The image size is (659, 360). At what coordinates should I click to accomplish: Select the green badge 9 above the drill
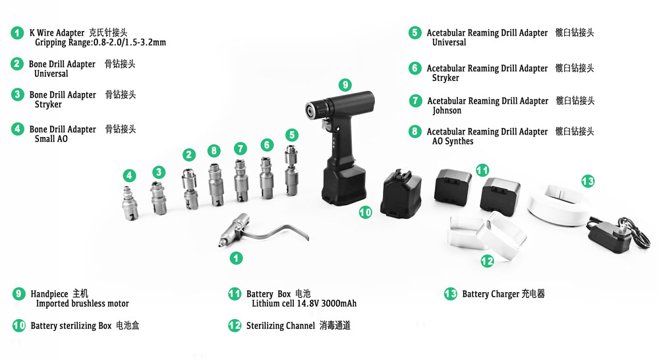point(345,85)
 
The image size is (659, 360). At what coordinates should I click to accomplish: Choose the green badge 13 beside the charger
point(588,181)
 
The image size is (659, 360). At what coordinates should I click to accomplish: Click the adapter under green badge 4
point(130,203)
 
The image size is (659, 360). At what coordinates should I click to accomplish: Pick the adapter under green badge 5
point(292,170)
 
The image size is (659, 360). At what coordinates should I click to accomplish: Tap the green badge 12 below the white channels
point(487,261)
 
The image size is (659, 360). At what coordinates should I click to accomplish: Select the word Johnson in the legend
point(447,111)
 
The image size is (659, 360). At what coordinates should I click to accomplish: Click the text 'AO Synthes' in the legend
point(453,141)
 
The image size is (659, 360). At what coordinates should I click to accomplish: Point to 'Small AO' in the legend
point(51,138)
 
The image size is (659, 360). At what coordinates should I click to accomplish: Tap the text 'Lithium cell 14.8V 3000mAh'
point(304,303)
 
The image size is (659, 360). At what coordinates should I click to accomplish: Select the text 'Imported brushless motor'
point(82,303)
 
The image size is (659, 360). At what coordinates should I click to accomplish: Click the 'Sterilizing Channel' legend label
point(280,326)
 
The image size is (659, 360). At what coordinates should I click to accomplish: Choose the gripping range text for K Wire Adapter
point(100,42)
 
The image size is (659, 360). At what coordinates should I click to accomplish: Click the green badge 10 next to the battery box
point(365,212)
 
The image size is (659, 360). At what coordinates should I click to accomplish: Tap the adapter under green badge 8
point(216,185)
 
